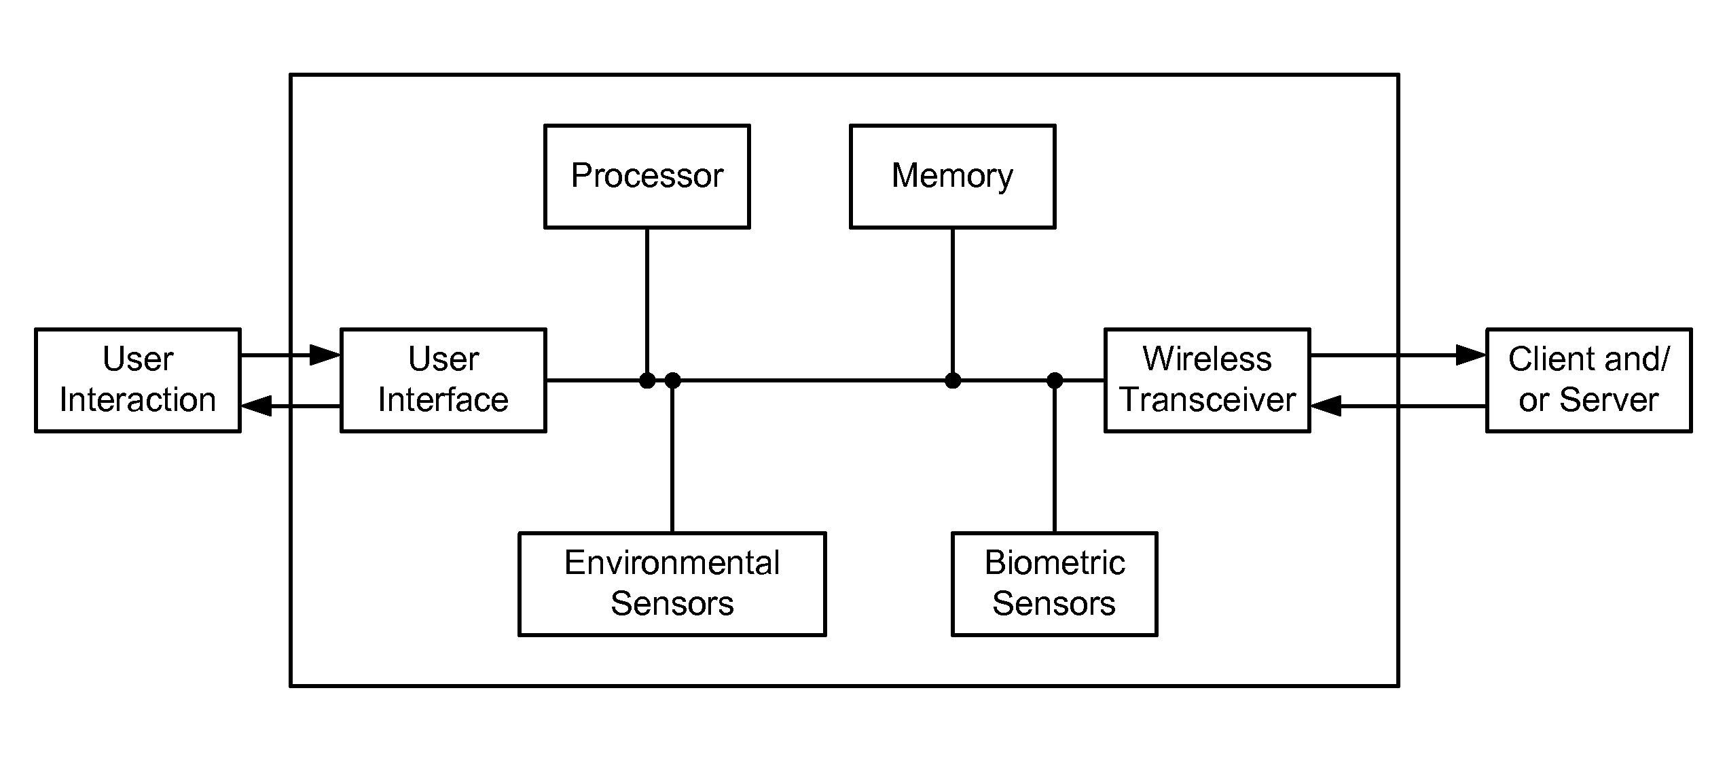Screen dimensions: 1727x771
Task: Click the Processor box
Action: (x=647, y=177)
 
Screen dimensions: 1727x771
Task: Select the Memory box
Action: (x=953, y=177)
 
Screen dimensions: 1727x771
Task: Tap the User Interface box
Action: (x=443, y=380)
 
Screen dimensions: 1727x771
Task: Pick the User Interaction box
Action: (x=138, y=380)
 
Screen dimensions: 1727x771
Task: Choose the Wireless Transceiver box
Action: (x=1207, y=380)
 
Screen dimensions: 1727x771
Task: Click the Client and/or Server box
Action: (x=1589, y=380)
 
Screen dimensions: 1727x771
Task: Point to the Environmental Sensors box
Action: (x=672, y=584)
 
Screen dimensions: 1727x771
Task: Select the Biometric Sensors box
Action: (x=1055, y=584)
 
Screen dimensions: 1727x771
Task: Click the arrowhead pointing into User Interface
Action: (x=325, y=355)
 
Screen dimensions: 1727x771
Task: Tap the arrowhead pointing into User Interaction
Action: (x=257, y=406)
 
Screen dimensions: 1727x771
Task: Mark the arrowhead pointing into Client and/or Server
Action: (x=1471, y=355)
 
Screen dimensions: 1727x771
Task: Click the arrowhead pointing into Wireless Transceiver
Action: (x=1326, y=406)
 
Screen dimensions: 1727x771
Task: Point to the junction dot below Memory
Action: (x=953, y=380)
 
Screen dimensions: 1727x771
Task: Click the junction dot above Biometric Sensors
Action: (x=1055, y=380)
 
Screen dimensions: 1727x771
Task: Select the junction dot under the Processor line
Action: (x=647, y=380)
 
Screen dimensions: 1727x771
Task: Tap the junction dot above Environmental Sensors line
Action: (x=672, y=380)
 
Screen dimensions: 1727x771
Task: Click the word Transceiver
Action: (x=1208, y=400)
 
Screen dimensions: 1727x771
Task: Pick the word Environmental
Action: (x=672, y=563)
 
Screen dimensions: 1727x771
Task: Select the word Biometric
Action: (x=1055, y=563)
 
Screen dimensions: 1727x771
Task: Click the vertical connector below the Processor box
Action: (x=647, y=304)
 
